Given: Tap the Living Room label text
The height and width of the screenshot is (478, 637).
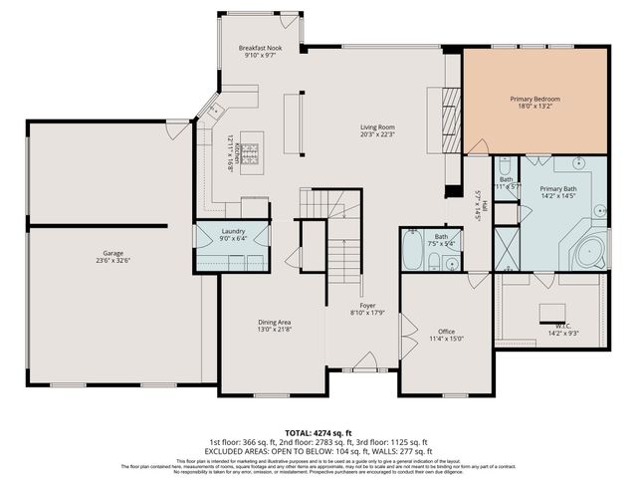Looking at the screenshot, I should (x=378, y=127).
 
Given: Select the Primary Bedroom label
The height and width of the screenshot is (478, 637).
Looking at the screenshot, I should (x=535, y=99).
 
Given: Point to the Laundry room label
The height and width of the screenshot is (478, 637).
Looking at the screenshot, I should (x=233, y=231).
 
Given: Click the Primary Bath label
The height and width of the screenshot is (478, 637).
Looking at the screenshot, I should (x=558, y=188).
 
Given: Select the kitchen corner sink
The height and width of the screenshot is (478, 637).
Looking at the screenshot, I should (x=212, y=107).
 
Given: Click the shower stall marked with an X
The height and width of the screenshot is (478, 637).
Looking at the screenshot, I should (x=507, y=249).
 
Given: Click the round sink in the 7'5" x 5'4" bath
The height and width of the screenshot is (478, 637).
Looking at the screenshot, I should (x=451, y=264).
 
